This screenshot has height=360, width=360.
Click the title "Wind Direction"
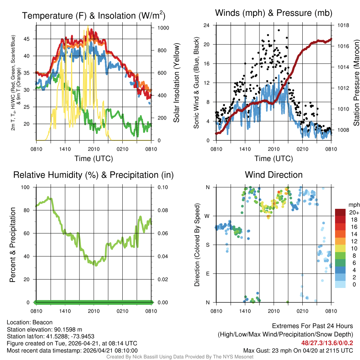coord(274,175)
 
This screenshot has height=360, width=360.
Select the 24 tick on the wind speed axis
coord(207,25)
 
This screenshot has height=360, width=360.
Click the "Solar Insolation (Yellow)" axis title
coord(176,83)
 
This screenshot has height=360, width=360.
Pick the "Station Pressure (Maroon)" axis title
coord(356,83)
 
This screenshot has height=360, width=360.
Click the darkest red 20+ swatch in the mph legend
coord(340,212)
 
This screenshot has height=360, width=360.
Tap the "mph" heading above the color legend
coord(353,205)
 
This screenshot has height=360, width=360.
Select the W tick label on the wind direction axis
coord(207,216)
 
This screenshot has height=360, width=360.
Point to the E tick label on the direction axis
coord(207,274)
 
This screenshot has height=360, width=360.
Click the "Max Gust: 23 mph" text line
coord(298,350)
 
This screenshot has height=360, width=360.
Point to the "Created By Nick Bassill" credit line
coord(180,357)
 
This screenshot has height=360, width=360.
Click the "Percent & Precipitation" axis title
coord(13,245)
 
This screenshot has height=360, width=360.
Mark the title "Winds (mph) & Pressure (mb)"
coord(274,13)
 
